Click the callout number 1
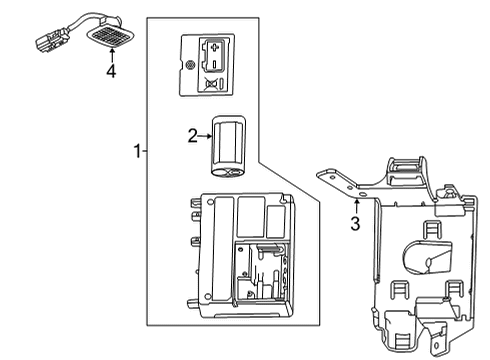click(x=138, y=151)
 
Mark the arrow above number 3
click(x=356, y=205)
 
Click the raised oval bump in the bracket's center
click(x=425, y=259)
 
